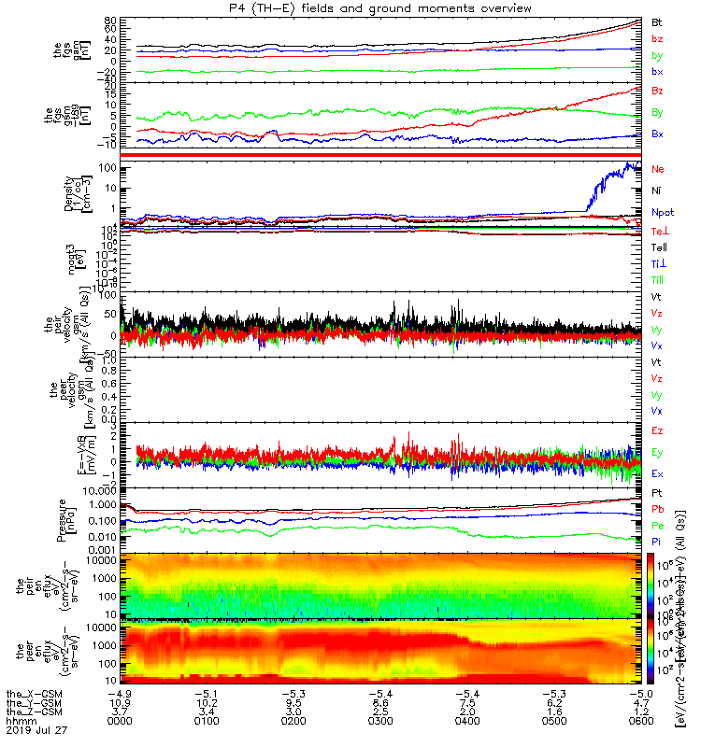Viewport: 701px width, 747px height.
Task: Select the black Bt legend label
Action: [x=657, y=21]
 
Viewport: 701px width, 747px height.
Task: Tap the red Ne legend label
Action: [x=658, y=169]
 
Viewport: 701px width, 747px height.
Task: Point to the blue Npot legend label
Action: [x=663, y=212]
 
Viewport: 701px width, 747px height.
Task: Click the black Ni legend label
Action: [x=657, y=190]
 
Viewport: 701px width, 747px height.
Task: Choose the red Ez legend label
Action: [x=658, y=431]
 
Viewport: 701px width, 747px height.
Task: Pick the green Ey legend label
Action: [x=658, y=453]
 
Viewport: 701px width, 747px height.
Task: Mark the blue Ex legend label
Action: [x=658, y=473]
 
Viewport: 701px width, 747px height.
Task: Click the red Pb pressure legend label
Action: [x=658, y=509]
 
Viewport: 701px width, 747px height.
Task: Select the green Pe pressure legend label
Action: [x=658, y=526]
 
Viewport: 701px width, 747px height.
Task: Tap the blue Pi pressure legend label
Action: [x=657, y=542]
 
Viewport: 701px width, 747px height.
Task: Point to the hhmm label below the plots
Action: [x=17, y=722]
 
